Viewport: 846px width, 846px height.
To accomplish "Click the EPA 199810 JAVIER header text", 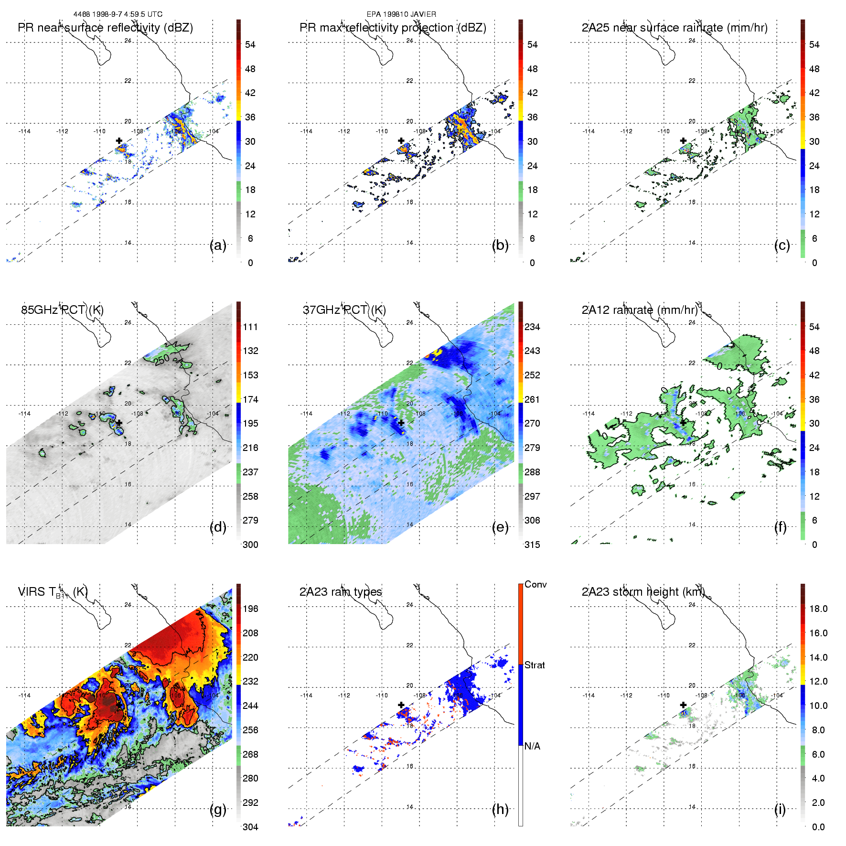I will pos(401,14).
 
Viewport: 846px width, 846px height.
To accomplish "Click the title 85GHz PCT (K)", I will pos(62,310).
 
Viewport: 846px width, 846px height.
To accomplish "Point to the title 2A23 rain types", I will pos(341,592).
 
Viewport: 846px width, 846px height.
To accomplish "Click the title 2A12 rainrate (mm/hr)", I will pos(639,310).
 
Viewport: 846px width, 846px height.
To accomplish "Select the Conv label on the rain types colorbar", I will pos(535,585).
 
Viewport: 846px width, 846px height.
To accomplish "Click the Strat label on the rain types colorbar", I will pos(535,665).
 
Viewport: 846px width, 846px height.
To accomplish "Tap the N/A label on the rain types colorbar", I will pos(532,746).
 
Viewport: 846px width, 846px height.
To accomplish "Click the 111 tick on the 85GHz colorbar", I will pos(250,327).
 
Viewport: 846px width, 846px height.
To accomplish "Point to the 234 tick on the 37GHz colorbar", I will pos(532,327).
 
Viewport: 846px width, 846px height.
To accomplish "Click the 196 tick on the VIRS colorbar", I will pos(250,609).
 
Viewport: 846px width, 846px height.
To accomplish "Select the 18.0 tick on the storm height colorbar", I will pos(818,609).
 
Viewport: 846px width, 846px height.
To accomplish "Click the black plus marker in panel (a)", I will pos(119,140).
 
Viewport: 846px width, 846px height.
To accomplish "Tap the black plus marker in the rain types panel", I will pos(401,705).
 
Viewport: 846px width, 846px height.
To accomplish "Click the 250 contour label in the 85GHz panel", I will pos(162,359).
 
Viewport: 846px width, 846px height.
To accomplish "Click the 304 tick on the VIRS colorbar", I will pos(250,827).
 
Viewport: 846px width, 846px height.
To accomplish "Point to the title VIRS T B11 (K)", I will pos(53,592).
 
